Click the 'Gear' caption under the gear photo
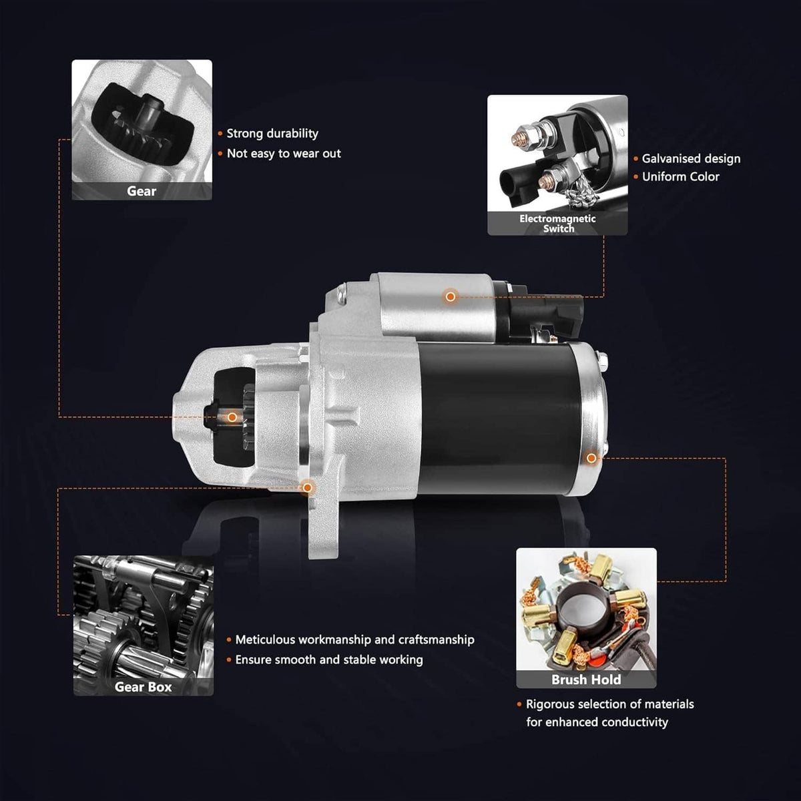142,191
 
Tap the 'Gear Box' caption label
143,687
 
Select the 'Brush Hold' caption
586,680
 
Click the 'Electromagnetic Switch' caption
557,223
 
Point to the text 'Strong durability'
272,133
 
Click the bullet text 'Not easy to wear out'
284,154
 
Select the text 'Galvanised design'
691,159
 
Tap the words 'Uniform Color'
680,177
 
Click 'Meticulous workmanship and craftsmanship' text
354,639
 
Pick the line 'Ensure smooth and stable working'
329,659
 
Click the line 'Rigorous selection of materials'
610,704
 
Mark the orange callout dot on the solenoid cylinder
450,296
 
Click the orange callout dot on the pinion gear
232,417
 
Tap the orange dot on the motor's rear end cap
591,458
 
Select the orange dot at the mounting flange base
307,487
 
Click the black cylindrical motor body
499,418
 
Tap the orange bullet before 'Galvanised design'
635,159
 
